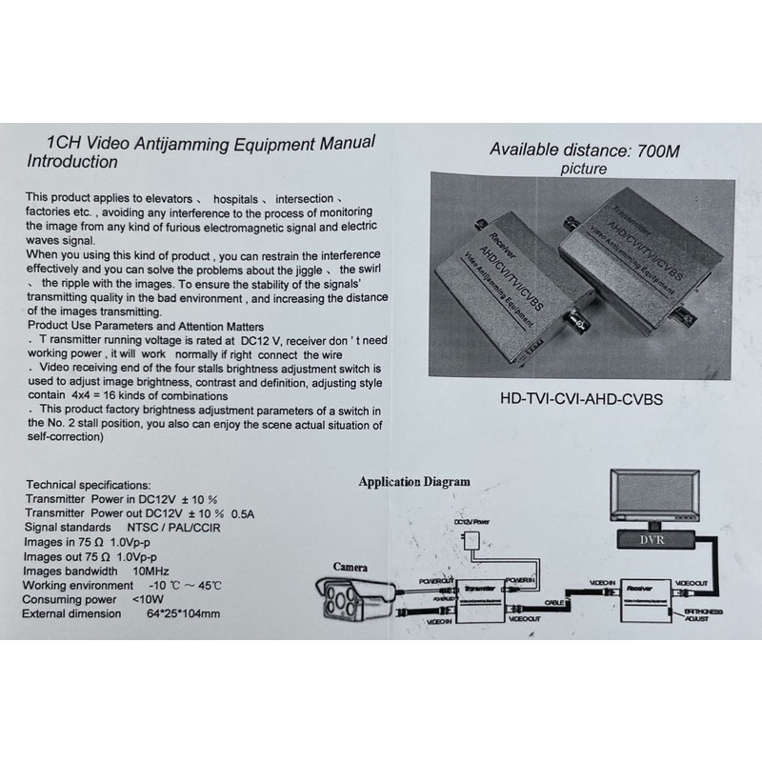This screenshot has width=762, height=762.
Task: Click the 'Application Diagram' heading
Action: click(413, 482)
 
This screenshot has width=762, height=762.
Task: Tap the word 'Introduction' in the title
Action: click(72, 162)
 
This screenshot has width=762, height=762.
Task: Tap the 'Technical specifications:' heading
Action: click(88, 485)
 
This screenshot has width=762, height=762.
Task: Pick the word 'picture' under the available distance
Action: click(582, 170)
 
